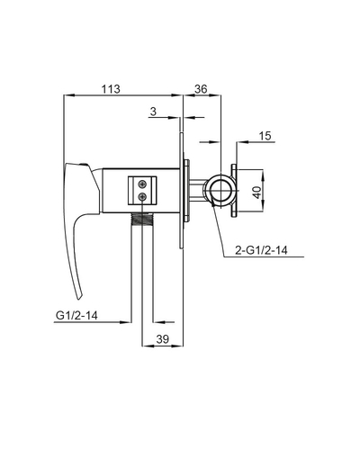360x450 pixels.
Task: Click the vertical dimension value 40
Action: (258, 191)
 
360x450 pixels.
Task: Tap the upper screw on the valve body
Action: (142, 184)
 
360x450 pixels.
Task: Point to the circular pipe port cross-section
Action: (219, 191)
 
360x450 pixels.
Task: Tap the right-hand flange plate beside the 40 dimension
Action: (237, 191)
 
